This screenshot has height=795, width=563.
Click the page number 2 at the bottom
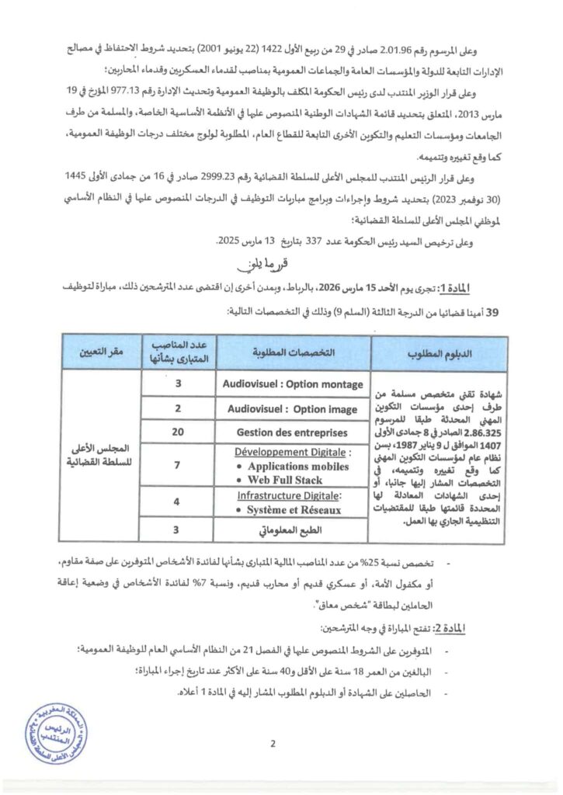tap(273, 747)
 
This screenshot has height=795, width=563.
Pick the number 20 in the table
tap(178, 432)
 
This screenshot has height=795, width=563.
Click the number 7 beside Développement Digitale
tap(178, 464)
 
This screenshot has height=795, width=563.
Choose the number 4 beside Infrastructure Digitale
tap(178, 502)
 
